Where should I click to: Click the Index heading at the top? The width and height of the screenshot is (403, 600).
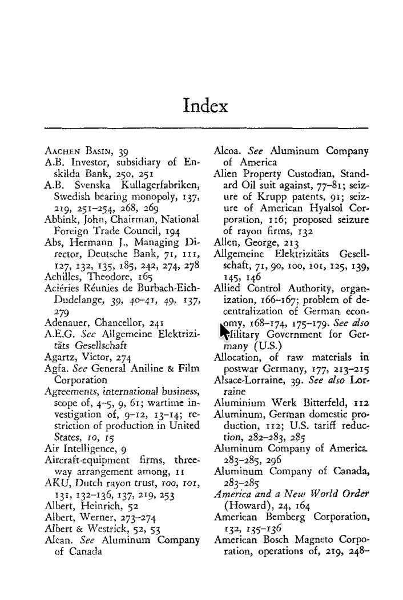coord(205,106)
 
